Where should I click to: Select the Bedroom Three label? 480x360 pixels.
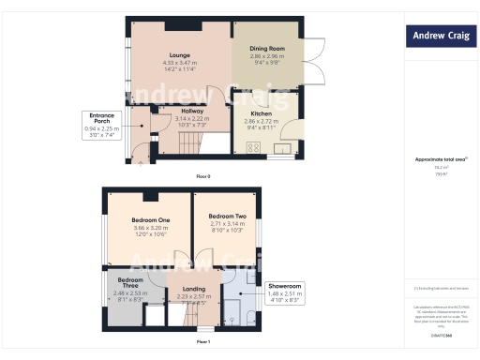pyautogui.click(x=130, y=284)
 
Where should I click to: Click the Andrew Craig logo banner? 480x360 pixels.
pyautogui.click(x=439, y=37)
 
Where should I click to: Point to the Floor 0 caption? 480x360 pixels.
pyautogui.click(x=202, y=176)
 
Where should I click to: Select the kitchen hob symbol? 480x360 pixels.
pyautogui.click(x=253, y=146)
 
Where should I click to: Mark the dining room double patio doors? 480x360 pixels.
pyautogui.click(x=315, y=61)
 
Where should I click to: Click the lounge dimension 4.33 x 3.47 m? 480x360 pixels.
pyautogui.click(x=179, y=62)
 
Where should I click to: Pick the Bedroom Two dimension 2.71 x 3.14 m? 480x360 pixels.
pyautogui.click(x=226, y=225)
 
